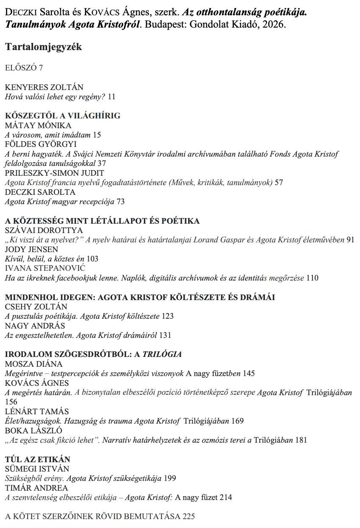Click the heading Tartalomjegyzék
coord(44,47)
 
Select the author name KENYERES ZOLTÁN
coord(44,87)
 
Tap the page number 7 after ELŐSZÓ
coord(41,68)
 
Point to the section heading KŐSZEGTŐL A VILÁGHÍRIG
coord(62,116)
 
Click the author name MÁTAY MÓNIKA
coord(38,126)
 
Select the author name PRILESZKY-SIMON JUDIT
coord(54,173)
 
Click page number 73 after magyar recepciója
coord(120,202)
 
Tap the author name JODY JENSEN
coord(31,250)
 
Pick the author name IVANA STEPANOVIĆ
coord(45,268)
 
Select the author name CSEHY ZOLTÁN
coord(36,306)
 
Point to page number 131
coord(165,335)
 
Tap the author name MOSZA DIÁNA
coord(34,364)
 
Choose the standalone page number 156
coord(11,402)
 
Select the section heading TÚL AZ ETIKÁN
coord(38,459)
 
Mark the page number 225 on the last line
coord(188,517)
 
